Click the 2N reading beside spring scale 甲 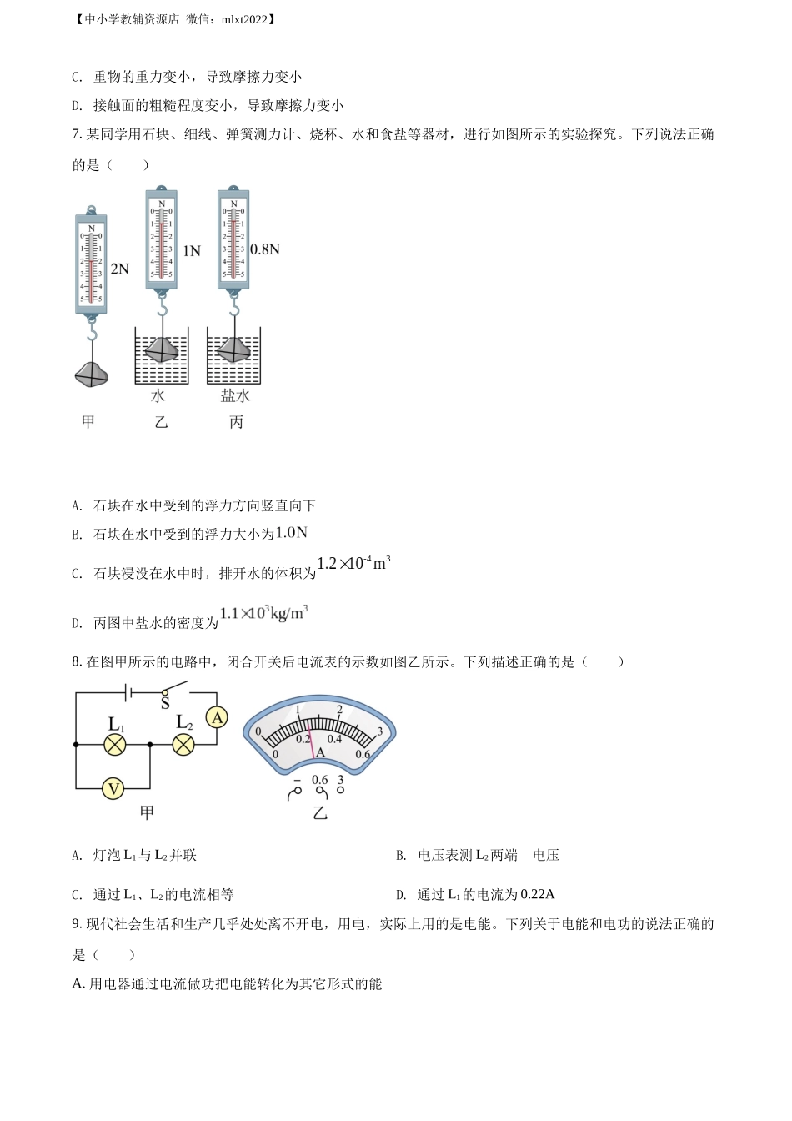[119, 269]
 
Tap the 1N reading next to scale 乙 [192, 251]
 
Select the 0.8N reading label [264, 249]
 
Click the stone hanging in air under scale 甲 [91, 375]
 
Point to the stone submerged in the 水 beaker [162, 349]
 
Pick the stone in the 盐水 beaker [233, 349]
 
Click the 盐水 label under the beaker [235, 396]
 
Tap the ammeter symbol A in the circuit [217, 718]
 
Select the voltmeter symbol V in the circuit [113, 789]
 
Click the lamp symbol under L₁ [114, 745]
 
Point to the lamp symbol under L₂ [183, 745]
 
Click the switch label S [165, 703]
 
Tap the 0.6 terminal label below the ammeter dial [319, 779]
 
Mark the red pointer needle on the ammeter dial [311, 739]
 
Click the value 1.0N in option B [291, 532]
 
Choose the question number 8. [77, 661]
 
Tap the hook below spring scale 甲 [92, 329]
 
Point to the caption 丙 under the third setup [236, 422]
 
